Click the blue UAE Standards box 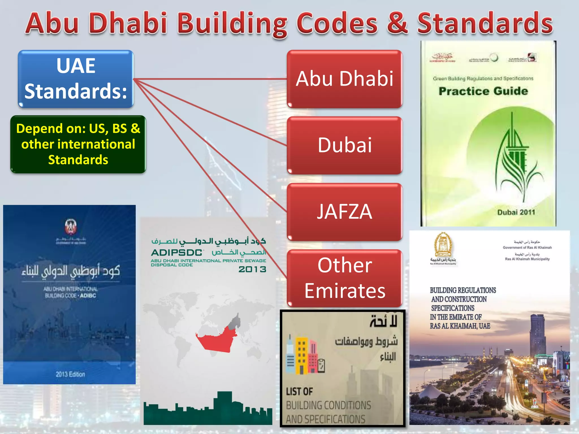pyautogui.click(x=76, y=79)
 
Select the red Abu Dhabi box pyautogui.click(x=344, y=79)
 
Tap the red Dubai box pyautogui.click(x=344, y=145)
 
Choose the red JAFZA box pyautogui.click(x=344, y=212)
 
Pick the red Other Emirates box pyautogui.click(x=344, y=278)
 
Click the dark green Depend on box pyautogui.click(x=78, y=144)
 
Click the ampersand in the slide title pyautogui.click(x=397, y=23)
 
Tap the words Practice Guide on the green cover pyautogui.click(x=483, y=91)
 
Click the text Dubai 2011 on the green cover pyautogui.click(x=516, y=212)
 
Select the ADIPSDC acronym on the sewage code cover pyautogui.click(x=177, y=252)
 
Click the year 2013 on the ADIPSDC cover pyautogui.click(x=252, y=269)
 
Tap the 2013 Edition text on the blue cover pyautogui.click(x=70, y=374)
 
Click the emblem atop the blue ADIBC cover pyautogui.click(x=71, y=226)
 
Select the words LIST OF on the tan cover pyautogui.click(x=299, y=392)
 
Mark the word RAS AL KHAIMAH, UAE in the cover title pyautogui.click(x=460, y=326)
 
